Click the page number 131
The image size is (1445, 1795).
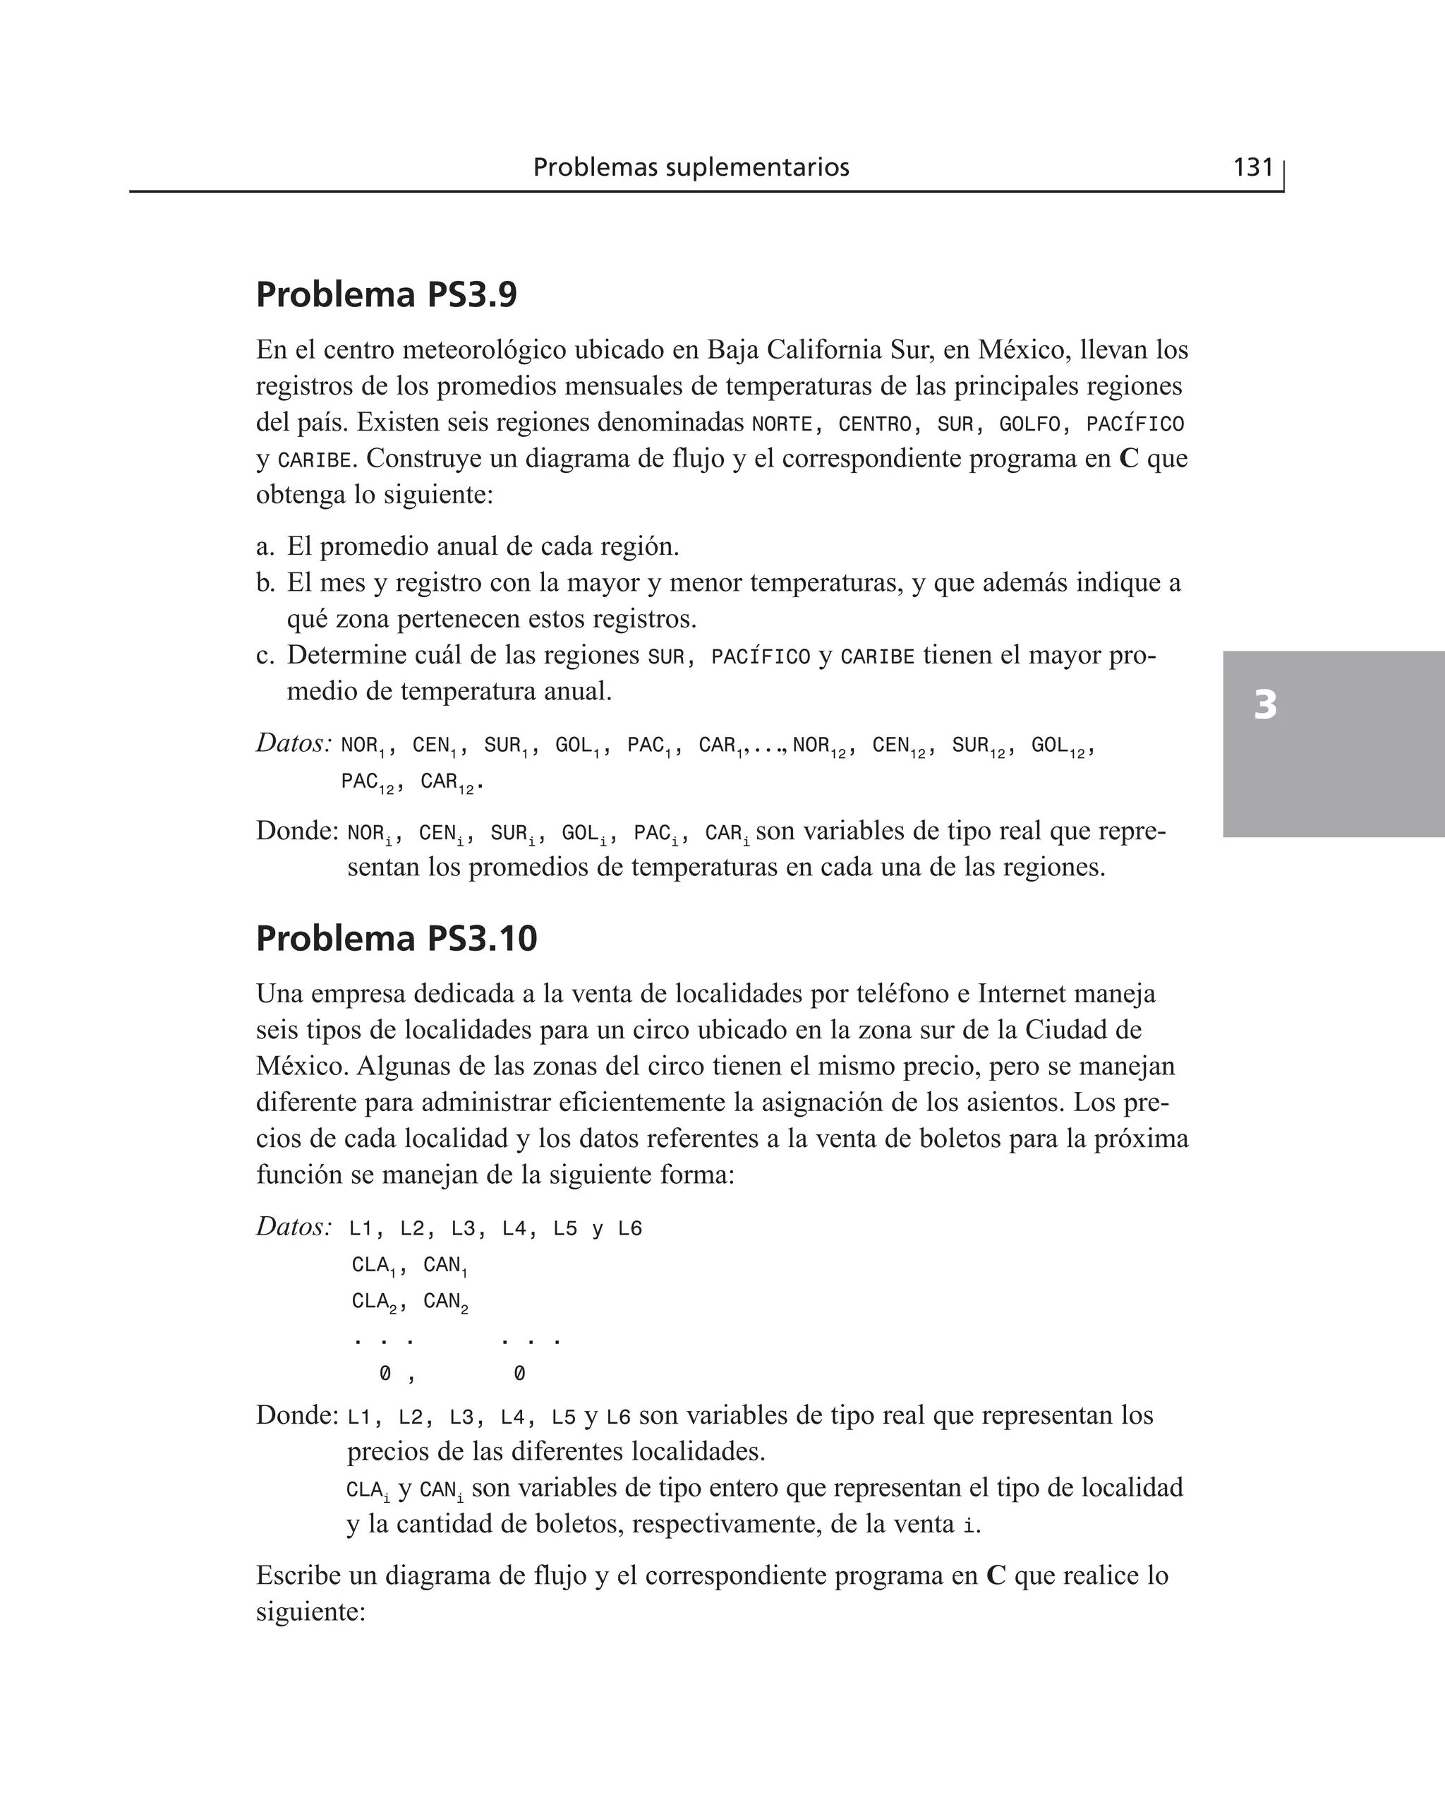tap(1252, 167)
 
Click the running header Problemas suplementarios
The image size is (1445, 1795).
tap(691, 167)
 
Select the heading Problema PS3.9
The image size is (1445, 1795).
tap(386, 295)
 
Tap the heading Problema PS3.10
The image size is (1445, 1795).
tap(397, 938)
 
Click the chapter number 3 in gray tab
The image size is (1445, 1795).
tap(1264, 705)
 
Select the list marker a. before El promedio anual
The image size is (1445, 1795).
tap(265, 547)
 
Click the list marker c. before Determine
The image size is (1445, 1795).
tap(265, 656)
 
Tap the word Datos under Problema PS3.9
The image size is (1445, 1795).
tap(293, 743)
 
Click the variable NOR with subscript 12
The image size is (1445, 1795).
tap(819, 746)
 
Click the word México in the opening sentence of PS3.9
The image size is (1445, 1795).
tap(1023, 349)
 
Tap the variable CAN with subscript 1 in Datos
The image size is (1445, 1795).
tap(445, 1266)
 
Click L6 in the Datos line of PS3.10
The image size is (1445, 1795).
tap(630, 1230)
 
